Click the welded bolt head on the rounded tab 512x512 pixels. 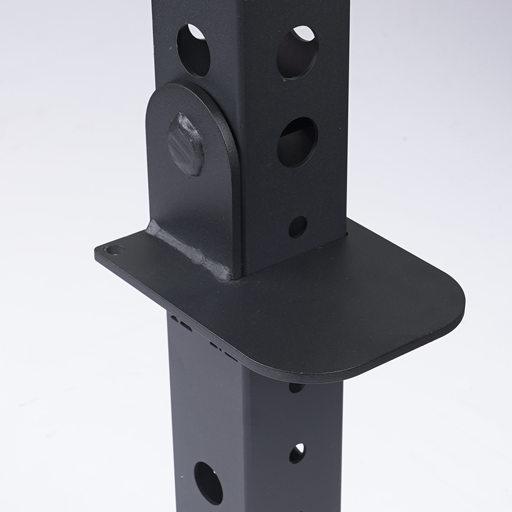tap(186, 144)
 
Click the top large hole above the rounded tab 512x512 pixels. tap(194, 50)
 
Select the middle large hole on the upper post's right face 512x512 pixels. tap(297, 142)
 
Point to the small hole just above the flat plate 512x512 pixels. tap(297, 226)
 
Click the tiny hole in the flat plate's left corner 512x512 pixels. tap(114, 250)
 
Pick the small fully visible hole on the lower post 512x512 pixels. tap(297, 453)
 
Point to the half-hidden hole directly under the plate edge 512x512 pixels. tap(296, 388)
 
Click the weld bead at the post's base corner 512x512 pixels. tap(225, 274)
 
